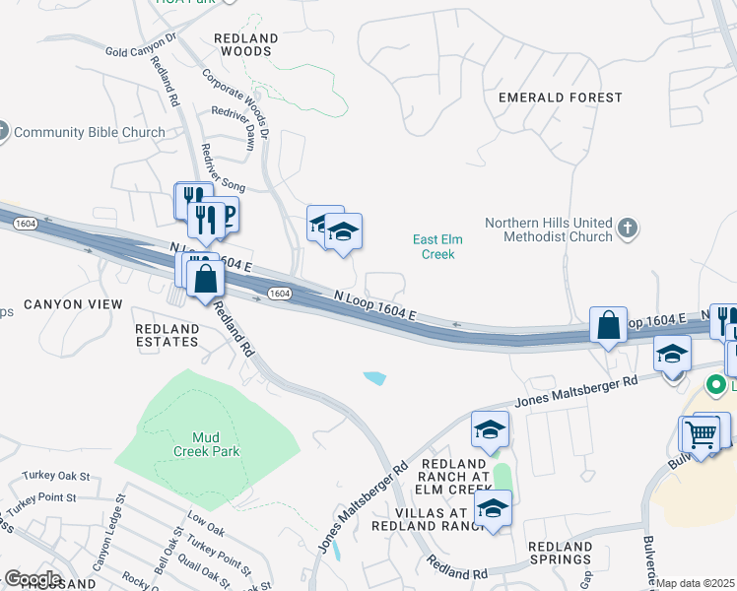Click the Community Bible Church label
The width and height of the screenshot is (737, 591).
coord(89,132)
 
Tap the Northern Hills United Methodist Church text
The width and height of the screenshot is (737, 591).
coord(550,230)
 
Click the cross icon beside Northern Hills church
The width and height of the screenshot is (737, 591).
coord(628,230)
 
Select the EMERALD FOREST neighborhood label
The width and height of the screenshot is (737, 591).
coord(560,98)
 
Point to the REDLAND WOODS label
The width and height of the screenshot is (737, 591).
coord(246,44)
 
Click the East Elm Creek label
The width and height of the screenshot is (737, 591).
coord(437,246)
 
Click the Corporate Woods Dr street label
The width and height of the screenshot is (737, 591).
coord(234,108)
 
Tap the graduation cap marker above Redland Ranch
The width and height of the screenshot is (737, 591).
coord(490,429)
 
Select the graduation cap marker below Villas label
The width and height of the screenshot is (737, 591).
coord(493,508)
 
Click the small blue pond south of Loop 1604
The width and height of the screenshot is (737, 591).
coord(374,377)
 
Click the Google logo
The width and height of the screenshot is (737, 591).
coord(32,578)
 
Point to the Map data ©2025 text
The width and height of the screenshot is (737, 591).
coord(696,583)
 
